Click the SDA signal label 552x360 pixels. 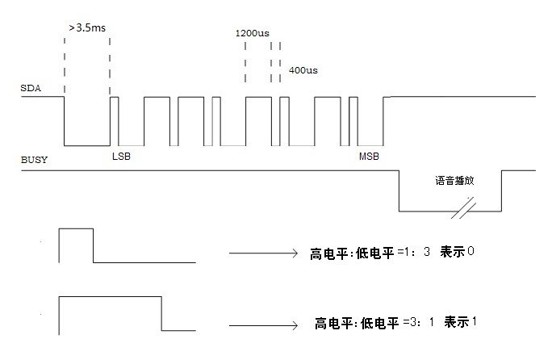click(x=29, y=87)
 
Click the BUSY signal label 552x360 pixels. click(x=33, y=160)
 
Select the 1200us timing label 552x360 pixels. click(x=252, y=33)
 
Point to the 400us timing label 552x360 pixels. click(x=303, y=70)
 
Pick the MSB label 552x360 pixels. click(x=369, y=156)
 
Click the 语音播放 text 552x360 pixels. click(x=452, y=181)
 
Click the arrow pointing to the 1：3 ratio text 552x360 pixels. click(x=263, y=253)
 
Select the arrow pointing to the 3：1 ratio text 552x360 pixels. click(x=263, y=324)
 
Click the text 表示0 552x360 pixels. click(x=457, y=252)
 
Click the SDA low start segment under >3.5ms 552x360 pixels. click(x=86, y=145)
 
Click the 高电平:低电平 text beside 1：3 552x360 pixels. click(x=352, y=253)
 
